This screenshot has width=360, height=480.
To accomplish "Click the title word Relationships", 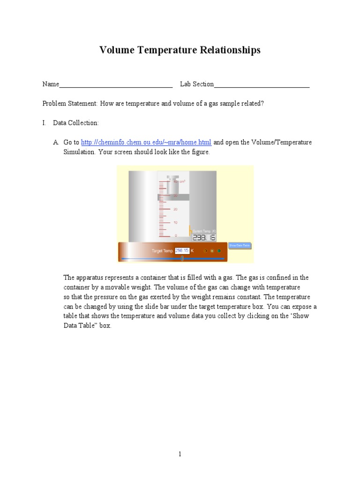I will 229,51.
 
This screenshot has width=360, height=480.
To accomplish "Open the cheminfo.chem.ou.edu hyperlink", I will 146,142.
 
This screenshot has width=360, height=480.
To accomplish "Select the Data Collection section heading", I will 75,123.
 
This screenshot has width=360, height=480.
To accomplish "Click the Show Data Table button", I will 240,246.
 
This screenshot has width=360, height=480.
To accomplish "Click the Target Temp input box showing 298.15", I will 181,251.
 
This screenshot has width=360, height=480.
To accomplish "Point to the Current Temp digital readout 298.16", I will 204,238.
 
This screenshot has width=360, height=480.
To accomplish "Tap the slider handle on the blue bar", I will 182,258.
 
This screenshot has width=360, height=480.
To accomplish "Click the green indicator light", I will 219,251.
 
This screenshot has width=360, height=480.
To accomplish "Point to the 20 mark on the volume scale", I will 175,209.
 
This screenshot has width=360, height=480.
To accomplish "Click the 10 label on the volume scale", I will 175,222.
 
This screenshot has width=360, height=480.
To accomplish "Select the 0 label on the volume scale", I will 175,235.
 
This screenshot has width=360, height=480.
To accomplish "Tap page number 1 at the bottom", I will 180,454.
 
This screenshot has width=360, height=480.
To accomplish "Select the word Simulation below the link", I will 79,152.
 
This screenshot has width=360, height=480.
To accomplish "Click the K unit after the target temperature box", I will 192,251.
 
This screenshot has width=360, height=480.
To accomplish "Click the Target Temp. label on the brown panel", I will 162,251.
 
